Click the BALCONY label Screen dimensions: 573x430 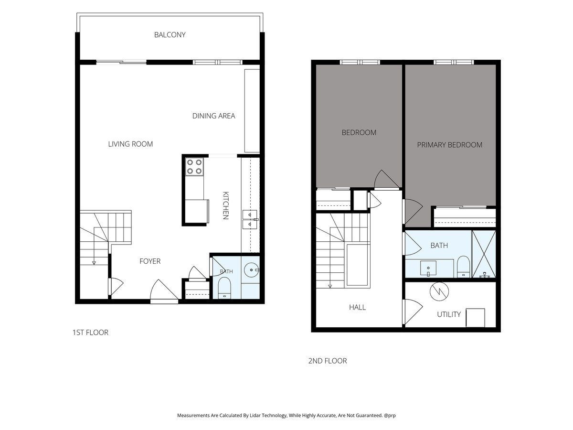tap(170, 35)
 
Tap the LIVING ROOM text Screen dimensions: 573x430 tap(130, 144)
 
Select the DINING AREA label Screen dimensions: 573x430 tap(213, 116)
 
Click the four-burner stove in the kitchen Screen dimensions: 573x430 tap(194, 167)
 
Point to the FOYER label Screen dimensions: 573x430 tap(150, 261)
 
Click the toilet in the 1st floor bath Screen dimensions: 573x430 tap(224, 288)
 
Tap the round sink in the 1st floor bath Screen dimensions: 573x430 tap(251, 269)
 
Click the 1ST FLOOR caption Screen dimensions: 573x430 tap(90, 333)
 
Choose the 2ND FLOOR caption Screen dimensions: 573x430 tap(328, 361)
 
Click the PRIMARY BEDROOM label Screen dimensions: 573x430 tap(449, 145)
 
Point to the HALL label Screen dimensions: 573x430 tap(357, 307)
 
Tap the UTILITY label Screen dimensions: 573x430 tap(449, 314)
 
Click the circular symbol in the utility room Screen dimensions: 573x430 tap(439, 291)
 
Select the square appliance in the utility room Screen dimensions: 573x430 tap(476, 318)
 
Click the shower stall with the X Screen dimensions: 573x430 tap(484, 254)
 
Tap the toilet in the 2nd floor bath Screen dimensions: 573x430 tap(463, 267)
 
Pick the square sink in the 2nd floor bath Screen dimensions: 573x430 tap(428, 268)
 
